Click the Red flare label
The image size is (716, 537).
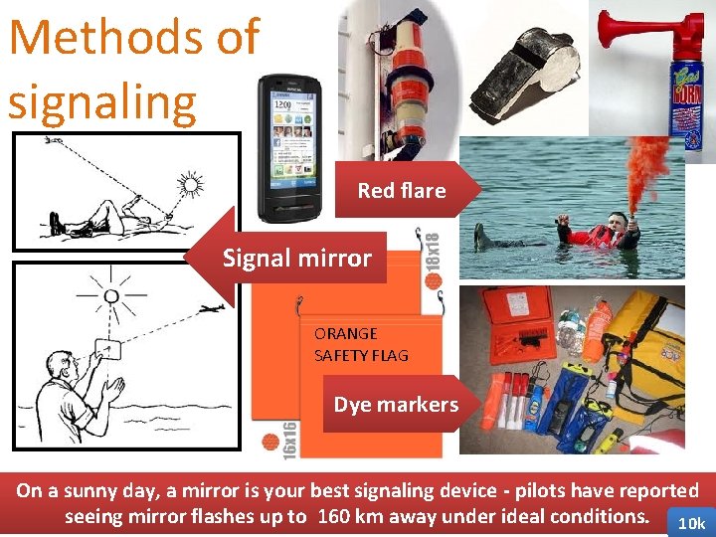coord(402,190)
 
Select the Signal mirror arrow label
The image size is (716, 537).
coord(296,259)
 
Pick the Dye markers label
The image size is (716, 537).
coord(396,404)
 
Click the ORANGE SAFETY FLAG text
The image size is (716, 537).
coord(361,344)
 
